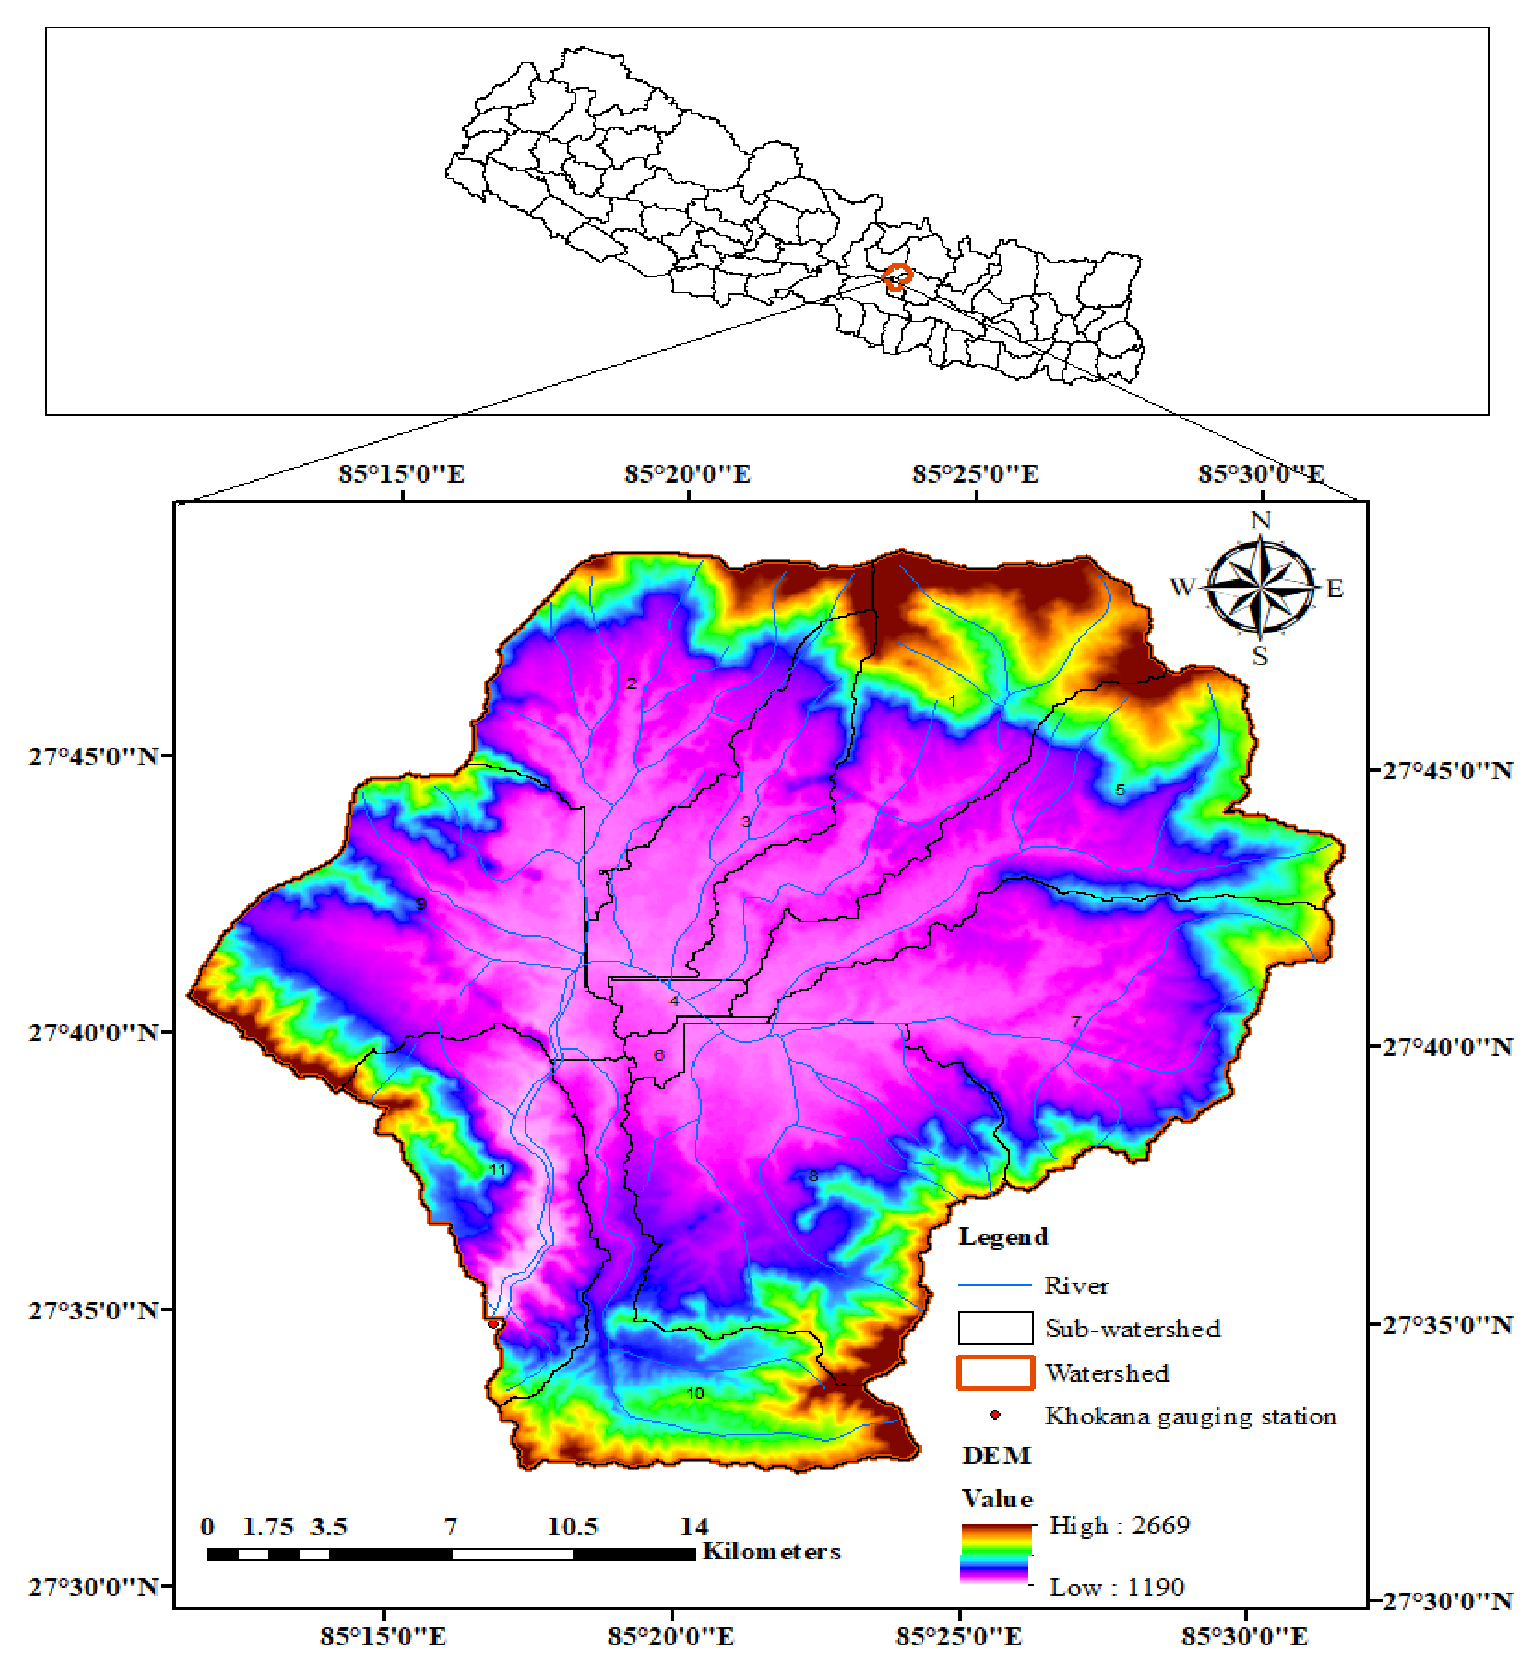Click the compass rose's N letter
point(1260,520)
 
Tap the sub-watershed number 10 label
point(695,1393)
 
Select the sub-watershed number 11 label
point(497,1170)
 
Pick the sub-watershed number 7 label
point(1076,1021)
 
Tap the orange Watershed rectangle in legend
point(996,1372)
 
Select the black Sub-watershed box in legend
point(996,1328)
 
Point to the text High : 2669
point(1119,1525)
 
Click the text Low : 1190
point(1117,1587)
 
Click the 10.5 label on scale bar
point(573,1526)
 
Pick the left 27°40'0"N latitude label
point(93,1033)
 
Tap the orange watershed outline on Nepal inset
point(897,276)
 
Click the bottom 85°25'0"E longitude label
point(958,1636)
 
